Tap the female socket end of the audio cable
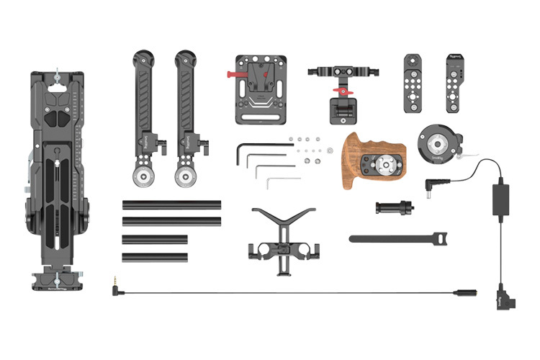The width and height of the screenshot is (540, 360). click(461, 294)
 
